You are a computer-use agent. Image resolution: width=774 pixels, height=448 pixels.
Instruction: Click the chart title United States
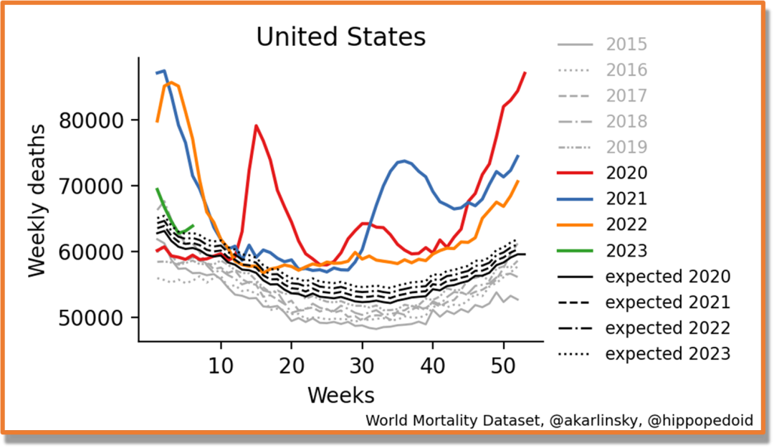tap(341, 37)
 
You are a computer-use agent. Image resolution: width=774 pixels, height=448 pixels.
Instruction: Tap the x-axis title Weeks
tap(341, 394)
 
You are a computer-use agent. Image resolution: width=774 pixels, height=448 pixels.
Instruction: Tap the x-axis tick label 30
tap(363, 365)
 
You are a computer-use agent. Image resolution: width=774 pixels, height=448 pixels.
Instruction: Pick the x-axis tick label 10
tap(221, 365)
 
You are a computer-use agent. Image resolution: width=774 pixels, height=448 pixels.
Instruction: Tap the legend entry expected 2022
tap(667, 328)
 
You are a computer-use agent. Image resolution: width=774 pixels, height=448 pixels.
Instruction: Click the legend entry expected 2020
tap(667, 277)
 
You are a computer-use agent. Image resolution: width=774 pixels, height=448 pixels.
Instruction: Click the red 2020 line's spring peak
tap(256, 126)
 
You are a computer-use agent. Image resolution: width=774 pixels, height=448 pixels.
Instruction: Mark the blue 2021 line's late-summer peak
tap(404, 161)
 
